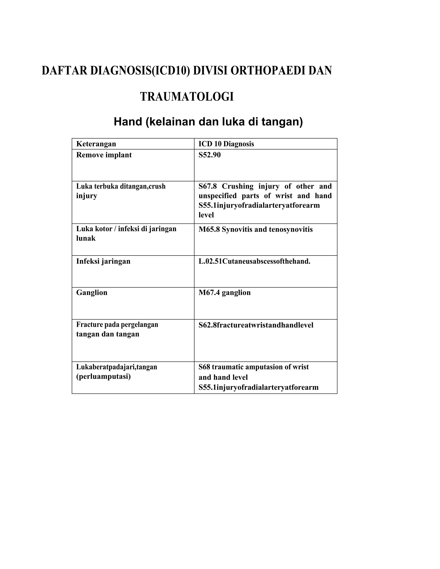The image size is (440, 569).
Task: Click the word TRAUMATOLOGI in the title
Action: [187, 97]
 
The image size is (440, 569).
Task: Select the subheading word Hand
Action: [128, 122]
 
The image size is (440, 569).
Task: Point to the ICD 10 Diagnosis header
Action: [226, 144]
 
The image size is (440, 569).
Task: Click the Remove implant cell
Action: [104, 155]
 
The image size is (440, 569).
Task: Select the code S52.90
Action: [209, 155]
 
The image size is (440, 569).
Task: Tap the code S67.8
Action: [208, 186]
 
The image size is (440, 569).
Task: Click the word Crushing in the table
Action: [237, 186]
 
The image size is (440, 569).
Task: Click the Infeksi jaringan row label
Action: [103, 261]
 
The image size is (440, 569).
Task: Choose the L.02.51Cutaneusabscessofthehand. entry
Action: [254, 261]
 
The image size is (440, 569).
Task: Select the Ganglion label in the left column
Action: [92, 293]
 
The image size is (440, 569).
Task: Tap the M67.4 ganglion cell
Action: [225, 293]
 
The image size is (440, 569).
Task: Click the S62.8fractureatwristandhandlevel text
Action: [256, 325]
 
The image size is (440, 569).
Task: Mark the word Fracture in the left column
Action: [89, 324]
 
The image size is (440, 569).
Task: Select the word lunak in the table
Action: [86, 238]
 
